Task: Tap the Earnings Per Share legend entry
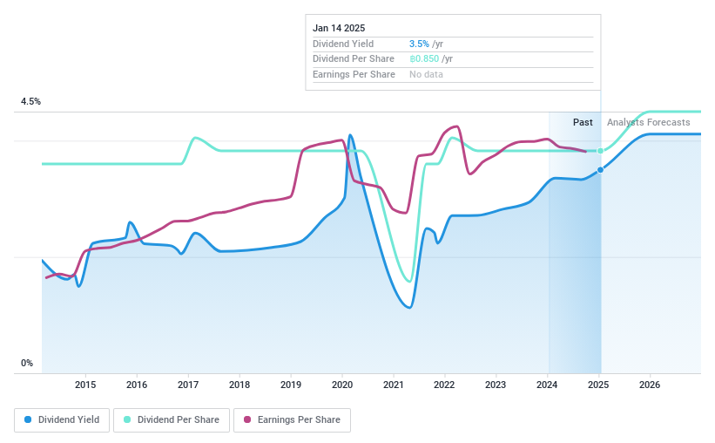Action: tap(293, 419)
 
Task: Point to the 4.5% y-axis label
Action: tap(30, 102)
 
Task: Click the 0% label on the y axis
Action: tap(27, 364)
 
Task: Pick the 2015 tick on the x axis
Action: tap(85, 385)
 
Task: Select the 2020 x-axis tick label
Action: tap(342, 385)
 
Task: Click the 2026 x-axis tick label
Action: tap(650, 385)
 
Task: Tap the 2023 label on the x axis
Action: tap(496, 385)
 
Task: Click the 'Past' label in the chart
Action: tap(583, 122)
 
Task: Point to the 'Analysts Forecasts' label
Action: tap(648, 122)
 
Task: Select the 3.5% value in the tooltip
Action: tap(419, 44)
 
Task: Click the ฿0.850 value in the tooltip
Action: tap(424, 58)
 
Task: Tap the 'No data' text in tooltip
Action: tap(426, 74)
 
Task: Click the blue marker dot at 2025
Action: tap(600, 169)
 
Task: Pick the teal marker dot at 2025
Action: tap(600, 151)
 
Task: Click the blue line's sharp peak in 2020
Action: tap(350, 135)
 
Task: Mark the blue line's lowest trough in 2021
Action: tap(409, 308)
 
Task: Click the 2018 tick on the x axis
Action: tap(239, 385)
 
